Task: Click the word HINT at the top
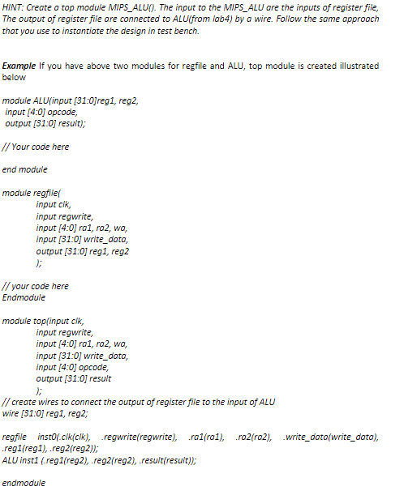click(15, 6)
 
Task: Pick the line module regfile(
click(32, 193)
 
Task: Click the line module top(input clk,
click(49, 321)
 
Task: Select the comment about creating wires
click(138, 402)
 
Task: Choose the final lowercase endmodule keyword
click(24, 484)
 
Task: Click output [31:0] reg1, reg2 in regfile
click(83, 251)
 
